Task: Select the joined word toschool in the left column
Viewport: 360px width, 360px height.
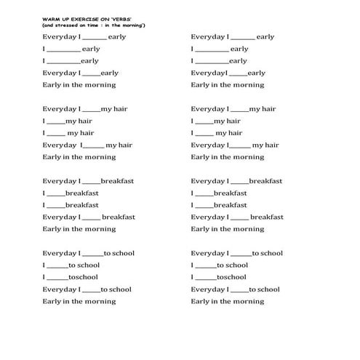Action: point(81,277)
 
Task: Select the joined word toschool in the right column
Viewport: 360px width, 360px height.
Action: point(231,277)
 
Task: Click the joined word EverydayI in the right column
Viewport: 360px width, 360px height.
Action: point(209,73)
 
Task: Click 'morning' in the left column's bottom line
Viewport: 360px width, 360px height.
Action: point(100,301)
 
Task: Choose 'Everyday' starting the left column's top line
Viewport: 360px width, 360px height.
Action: point(59,36)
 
